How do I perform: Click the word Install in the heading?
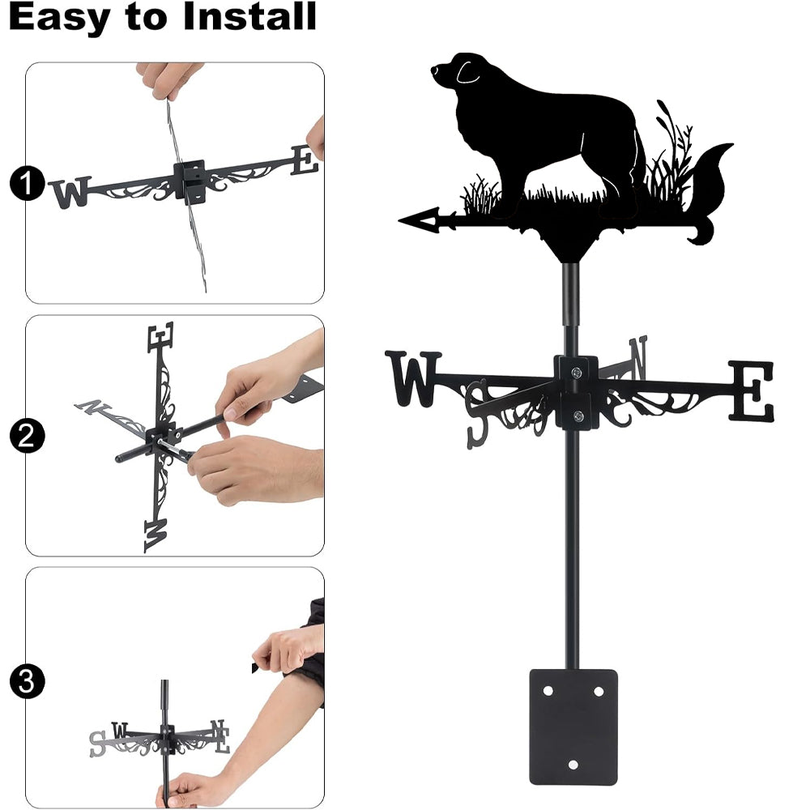click(249, 16)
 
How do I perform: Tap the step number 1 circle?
click(27, 183)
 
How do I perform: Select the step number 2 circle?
click(27, 436)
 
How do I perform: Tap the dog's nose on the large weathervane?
click(434, 69)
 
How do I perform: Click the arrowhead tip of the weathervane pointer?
click(399, 221)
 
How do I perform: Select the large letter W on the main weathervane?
click(413, 378)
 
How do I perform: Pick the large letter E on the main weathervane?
click(752, 390)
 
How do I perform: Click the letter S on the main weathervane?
click(477, 413)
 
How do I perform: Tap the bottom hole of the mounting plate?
click(573, 765)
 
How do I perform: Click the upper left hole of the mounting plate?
click(548, 691)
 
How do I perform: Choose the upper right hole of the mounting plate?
click(599, 691)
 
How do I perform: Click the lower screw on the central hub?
click(578, 416)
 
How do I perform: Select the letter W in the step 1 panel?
click(70, 192)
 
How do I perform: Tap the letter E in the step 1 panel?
click(305, 160)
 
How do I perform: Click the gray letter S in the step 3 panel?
click(96, 744)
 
